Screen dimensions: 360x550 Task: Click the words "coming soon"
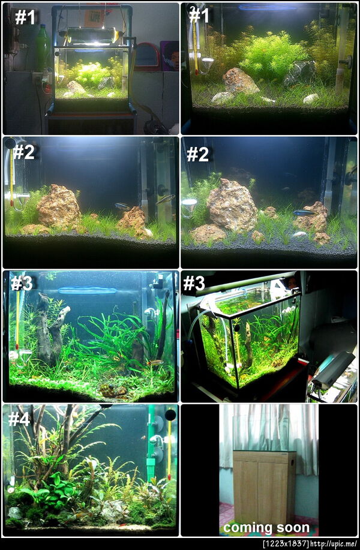266,528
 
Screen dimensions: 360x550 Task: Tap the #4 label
19,419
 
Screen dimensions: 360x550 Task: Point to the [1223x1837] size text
286,545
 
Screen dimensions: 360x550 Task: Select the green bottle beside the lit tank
42,48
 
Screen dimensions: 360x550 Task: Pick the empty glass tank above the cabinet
262,428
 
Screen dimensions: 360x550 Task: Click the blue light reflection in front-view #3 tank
87,290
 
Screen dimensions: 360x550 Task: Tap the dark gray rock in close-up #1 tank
299,73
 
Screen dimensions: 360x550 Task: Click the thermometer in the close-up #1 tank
195,40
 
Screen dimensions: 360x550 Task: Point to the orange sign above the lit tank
94,18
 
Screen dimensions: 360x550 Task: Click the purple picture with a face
169,56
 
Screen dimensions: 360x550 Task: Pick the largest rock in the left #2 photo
59,206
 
